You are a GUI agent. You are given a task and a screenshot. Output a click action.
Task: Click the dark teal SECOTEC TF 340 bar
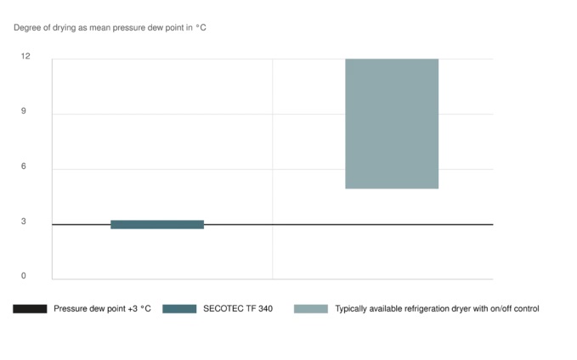(x=157, y=224)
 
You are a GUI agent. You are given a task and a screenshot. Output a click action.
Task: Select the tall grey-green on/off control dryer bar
(x=392, y=123)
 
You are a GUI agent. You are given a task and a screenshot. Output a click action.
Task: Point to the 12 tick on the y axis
(x=25, y=56)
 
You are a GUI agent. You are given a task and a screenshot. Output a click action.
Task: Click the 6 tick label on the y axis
(x=24, y=166)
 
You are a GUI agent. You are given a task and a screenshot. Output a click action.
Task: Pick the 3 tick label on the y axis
(x=24, y=222)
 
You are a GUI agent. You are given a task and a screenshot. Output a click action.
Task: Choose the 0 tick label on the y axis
(x=24, y=276)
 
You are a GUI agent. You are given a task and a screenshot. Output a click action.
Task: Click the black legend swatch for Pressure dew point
(x=30, y=309)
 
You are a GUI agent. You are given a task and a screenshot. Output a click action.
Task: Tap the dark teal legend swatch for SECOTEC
(x=179, y=309)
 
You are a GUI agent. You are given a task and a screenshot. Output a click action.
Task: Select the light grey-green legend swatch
(x=310, y=309)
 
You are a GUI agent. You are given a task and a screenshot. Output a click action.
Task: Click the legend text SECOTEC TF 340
(x=238, y=309)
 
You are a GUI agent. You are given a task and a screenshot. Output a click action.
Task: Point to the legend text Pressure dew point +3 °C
(x=102, y=309)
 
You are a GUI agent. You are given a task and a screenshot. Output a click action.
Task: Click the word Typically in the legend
(x=353, y=309)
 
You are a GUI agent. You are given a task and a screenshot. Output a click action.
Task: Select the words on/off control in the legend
(x=513, y=309)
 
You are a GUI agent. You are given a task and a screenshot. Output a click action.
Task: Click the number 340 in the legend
(x=264, y=309)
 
